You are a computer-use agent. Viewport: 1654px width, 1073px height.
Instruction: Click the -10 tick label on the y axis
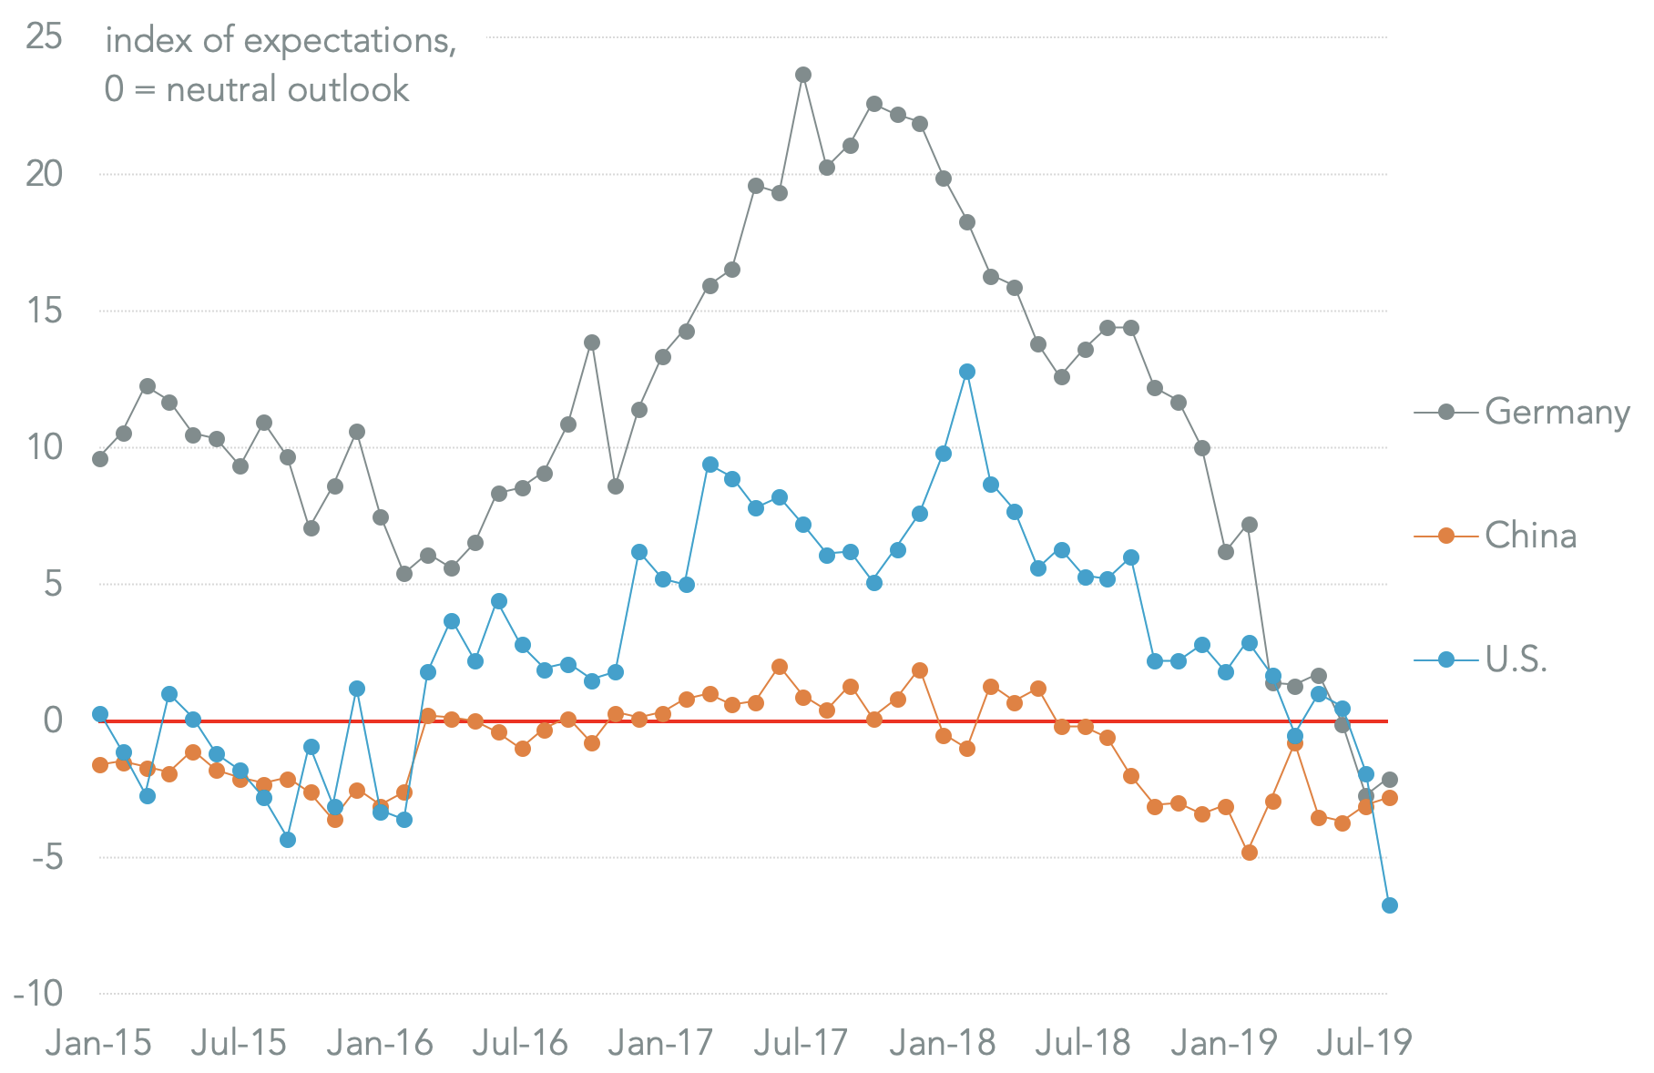(x=38, y=994)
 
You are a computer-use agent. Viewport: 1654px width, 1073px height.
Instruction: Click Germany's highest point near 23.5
(x=802, y=75)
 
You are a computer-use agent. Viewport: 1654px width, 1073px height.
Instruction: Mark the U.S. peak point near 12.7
(x=967, y=372)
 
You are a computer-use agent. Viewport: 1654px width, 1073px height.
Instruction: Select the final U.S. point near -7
(x=1390, y=905)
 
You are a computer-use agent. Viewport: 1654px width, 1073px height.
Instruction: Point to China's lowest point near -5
(x=1250, y=853)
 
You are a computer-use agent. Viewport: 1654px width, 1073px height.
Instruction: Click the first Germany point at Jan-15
(x=100, y=459)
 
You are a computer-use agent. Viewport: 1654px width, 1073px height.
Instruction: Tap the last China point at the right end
(x=1390, y=798)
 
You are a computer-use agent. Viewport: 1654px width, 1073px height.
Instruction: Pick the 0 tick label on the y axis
(x=53, y=720)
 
